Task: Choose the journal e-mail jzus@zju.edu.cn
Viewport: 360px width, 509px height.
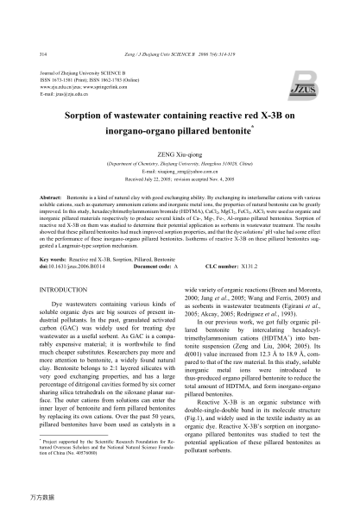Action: click(x=68, y=91)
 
